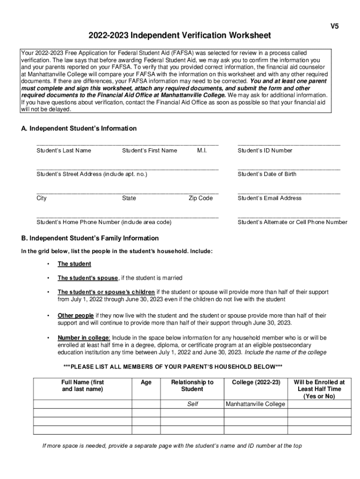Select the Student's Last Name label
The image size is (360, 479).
click(x=64, y=151)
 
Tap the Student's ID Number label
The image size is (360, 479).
click(x=265, y=151)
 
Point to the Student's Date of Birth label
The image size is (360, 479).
click(x=267, y=174)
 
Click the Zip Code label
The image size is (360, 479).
click(x=201, y=198)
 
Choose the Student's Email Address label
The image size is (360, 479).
click(x=270, y=198)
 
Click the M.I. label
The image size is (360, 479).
click(x=202, y=151)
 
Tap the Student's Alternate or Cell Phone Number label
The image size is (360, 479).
click(x=292, y=222)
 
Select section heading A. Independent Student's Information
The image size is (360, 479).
click(x=79, y=129)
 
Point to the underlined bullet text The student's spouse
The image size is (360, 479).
click(x=87, y=278)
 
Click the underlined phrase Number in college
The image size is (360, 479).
click(x=84, y=337)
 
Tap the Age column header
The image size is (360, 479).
click(x=146, y=383)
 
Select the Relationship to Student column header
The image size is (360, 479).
click(x=192, y=386)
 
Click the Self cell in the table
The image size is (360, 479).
click(x=193, y=404)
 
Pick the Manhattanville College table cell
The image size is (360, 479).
click(x=255, y=404)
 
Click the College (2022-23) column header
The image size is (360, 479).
click(x=256, y=383)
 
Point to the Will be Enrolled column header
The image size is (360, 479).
click(x=319, y=389)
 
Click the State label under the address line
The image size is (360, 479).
click(x=129, y=198)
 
